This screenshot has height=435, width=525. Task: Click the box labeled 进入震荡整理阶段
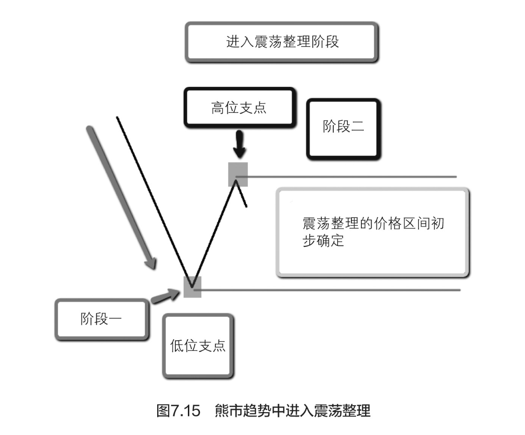point(281,42)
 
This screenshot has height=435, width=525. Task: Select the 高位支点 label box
point(239,108)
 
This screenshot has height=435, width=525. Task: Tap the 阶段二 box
point(343,127)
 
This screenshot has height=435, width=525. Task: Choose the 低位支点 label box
point(198,346)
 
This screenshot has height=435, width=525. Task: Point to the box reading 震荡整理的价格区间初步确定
point(372,232)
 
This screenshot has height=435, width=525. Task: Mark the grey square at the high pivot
point(238,174)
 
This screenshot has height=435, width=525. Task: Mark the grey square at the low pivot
point(192,287)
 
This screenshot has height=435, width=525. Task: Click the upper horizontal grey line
point(349,177)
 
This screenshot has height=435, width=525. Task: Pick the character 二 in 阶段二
point(357,127)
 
